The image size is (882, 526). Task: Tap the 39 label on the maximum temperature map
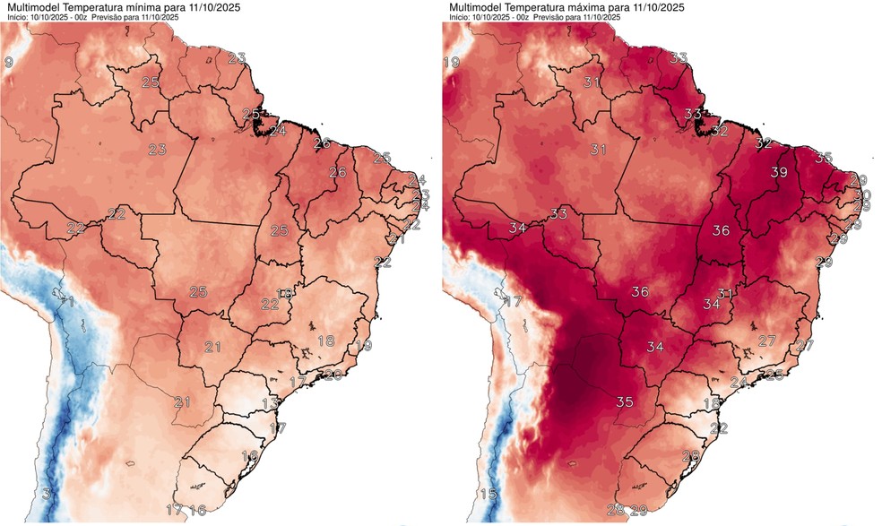[x=779, y=172]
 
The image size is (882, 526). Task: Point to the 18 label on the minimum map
[x=326, y=341]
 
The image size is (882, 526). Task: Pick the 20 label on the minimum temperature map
[x=332, y=375]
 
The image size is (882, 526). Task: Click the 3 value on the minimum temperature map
[x=48, y=494]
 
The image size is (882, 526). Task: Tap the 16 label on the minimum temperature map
[x=197, y=510]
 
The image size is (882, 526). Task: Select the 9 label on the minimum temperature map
[x=8, y=62]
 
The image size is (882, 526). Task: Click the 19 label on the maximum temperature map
[x=451, y=62]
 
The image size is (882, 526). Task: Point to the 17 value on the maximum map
[x=513, y=302]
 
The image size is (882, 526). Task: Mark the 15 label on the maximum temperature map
[x=488, y=494]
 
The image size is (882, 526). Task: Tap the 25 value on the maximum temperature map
[x=774, y=374]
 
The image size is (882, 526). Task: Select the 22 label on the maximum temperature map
[x=718, y=428]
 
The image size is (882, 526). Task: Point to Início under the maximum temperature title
[x=460, y=18]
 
